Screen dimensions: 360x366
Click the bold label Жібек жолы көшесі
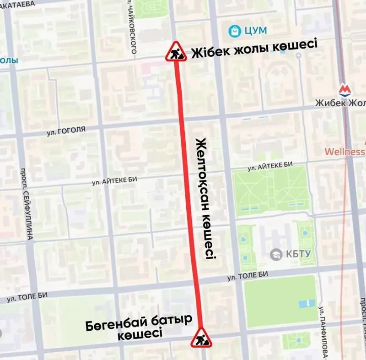tap(254, 48)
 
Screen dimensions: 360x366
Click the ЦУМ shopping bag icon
tap(235, 31)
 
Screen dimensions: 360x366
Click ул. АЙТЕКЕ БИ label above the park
tap(269, 166)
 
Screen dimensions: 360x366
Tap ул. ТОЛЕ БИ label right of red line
tap(248, 275)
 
